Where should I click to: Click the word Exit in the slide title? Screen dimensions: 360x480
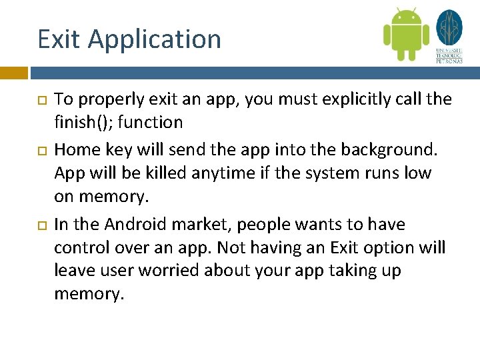[x=59, y=39]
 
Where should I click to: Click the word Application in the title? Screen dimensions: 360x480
[x=154, y=40]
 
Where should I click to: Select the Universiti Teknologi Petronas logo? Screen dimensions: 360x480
[x=449, y=36]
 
